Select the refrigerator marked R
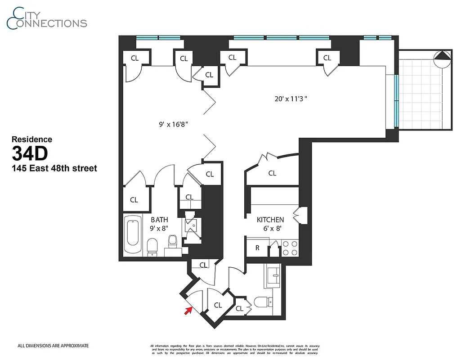(x=257, y=248)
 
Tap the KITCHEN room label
(x=270, y=220)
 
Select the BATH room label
(x=159, y=220)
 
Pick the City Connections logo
(x=47, y=18)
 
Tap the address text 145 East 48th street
(x=54, y=169)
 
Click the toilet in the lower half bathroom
(x=262, y=302)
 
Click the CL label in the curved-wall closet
(x=272, y=173)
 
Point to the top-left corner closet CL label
(x=134, y=58)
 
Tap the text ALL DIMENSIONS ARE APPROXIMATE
(x=53, y=346)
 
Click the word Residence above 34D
(x=31, y=139)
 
